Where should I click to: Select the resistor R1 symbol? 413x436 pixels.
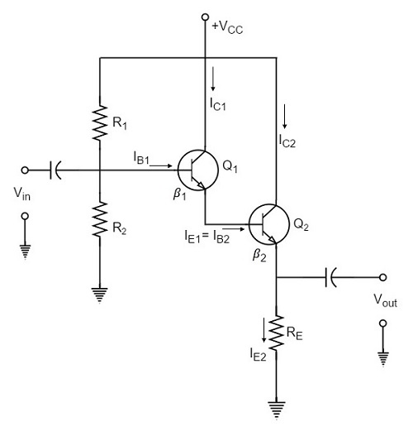[x=98, y=122]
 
